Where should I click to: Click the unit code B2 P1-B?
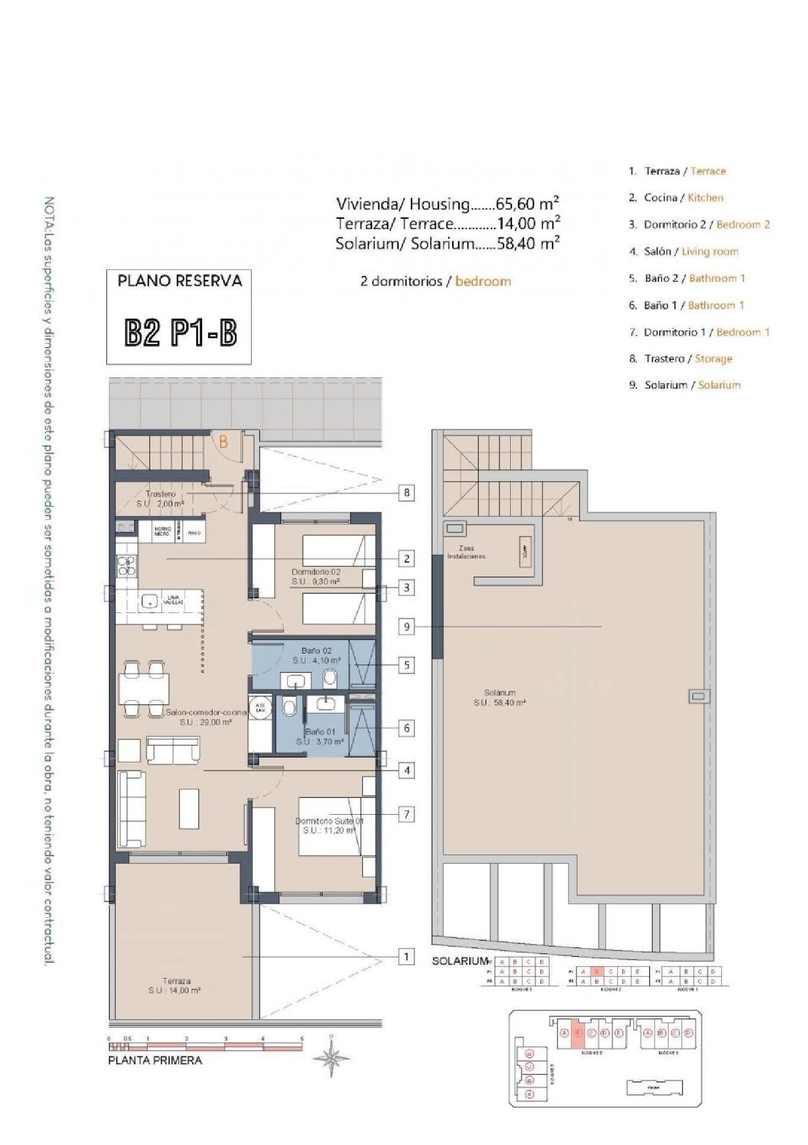click(x=180, y=334)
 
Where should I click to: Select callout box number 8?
click(x=407, y=492)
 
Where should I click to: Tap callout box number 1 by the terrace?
click(x=407, y=957)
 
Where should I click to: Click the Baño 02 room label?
click(x=317, y=650)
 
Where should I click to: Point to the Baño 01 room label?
click(x=320, y=732)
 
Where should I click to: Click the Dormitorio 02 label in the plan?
click(x=316, y=572)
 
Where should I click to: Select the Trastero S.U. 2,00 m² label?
click(x=161, y=498)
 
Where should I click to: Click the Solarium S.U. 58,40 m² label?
click(x=499, y=698)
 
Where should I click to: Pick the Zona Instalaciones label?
click(x=466, y=552)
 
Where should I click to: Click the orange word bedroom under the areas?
click(x=483, y=281)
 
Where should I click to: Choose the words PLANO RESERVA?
click(x=180, y=280)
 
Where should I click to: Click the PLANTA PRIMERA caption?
click(x=155, y=1060)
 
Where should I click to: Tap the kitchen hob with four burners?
click(x=126, y=566)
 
